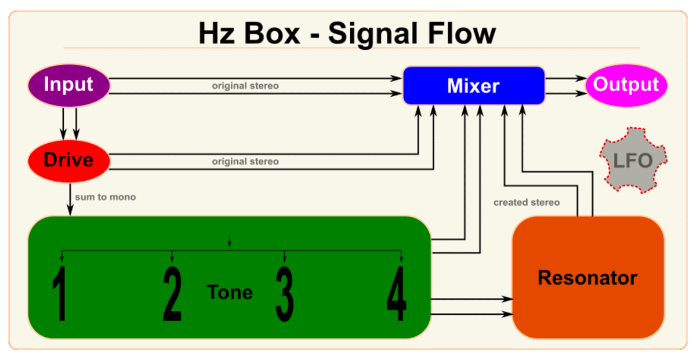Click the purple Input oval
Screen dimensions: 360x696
[68, 85]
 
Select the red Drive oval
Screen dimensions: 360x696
[68, 159]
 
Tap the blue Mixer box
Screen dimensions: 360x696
[473, 86]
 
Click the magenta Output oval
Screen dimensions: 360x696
[626, 85]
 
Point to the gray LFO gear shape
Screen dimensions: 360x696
[633, 160]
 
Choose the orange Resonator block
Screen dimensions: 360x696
[588, 278]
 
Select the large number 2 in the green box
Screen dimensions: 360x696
[172, 294]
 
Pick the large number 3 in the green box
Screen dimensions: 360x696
[284, 294]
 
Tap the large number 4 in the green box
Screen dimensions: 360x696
[397, 294]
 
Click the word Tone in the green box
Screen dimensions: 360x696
[230, 292]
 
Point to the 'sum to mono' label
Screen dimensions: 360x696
[105, 197]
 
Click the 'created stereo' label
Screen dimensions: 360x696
[526, 202]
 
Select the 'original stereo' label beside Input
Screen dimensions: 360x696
[245, 86]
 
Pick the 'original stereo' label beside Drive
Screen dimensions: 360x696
[245, 161]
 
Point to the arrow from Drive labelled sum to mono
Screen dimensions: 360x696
[70, 200]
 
